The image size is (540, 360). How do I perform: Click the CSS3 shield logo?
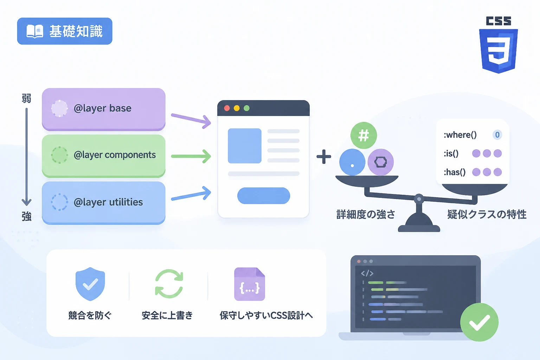498,51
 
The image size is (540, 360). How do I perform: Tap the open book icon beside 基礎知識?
35,31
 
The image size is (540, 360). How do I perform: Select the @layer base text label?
102,108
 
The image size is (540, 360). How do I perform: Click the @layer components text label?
115,155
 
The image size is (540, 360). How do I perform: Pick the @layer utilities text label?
108,202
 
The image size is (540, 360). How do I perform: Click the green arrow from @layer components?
191,156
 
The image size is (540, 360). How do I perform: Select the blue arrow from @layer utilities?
191,194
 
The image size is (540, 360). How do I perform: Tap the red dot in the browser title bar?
227,108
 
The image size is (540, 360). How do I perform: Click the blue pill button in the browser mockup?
263,195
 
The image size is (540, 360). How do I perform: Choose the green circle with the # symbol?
364,135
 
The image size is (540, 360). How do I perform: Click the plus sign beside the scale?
324,157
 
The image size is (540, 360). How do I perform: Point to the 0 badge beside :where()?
497,135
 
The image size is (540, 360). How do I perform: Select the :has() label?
455,172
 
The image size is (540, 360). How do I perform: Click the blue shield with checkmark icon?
90,284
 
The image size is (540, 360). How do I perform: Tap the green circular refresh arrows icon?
169,284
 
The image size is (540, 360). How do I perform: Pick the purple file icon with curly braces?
250,284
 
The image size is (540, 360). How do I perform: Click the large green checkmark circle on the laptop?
479,322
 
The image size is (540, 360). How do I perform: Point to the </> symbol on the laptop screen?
367,274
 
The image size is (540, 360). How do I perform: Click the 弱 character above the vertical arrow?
26,98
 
